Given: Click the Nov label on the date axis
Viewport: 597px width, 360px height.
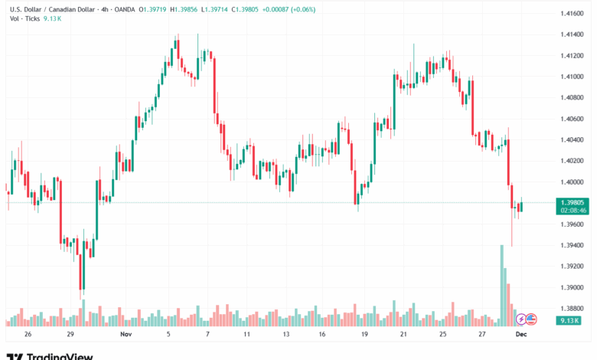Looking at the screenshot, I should [x=126, y=335].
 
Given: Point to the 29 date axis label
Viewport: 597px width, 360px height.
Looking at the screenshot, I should [x=70, y=335].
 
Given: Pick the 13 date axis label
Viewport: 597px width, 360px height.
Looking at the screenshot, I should [x=285, y=335].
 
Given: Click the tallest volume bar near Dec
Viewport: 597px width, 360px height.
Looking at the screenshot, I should [x=502, y=283].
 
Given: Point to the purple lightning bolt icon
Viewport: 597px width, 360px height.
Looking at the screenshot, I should [x=522, y=319].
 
